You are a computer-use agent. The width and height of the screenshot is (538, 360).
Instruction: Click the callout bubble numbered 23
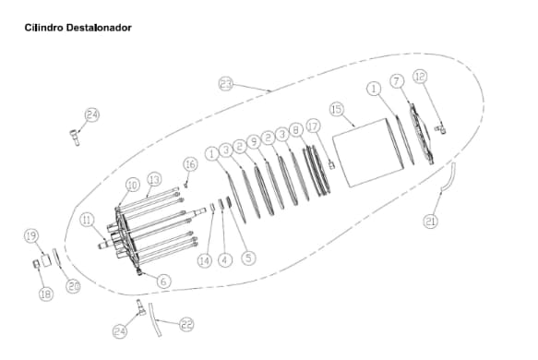[x=226, y=83]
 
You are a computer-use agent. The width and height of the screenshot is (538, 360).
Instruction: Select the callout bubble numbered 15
[x=337, y=109]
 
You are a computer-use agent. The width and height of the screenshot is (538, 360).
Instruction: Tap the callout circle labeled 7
[x=396, y=80]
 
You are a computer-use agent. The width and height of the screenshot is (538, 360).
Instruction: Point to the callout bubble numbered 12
[x=420, y=77]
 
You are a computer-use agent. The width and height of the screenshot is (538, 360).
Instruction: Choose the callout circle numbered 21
[x=431, y=221]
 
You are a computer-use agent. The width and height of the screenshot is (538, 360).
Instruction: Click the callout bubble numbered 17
[x=313, y=126]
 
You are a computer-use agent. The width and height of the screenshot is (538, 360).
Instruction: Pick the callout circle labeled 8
[x=295, y=130]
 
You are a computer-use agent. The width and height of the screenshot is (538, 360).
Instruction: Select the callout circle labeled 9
[x=254, y=141]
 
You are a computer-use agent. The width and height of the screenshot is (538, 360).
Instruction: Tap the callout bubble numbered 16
[x=189, y=163]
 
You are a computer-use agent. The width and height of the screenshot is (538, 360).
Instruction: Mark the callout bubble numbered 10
[x=132, y=185]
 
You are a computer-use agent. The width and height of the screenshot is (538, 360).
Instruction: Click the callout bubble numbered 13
[x=154, y=178]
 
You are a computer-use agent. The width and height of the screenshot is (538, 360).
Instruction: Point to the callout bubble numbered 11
[x=86, y=220]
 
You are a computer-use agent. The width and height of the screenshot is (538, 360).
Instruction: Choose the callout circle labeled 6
[x=163, y=281]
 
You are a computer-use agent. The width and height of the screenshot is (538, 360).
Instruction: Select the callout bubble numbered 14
[x=204, y=261]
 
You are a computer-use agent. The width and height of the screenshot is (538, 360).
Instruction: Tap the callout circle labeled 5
[x=248, y=258]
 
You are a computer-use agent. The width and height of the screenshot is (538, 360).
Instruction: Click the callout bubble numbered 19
[x=30, y=236]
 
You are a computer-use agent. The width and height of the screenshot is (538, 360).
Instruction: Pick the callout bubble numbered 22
[x=186, y=324]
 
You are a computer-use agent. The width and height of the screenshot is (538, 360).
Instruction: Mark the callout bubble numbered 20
[x=74, y=286]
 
